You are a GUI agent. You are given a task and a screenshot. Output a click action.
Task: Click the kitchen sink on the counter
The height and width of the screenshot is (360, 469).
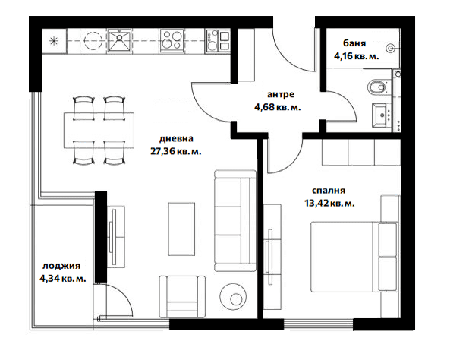coord(119,40)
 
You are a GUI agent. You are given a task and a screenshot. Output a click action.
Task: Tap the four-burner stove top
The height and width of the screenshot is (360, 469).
coord(172,40)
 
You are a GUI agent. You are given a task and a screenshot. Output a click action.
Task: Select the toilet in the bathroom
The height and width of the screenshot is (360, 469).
coord(376,87)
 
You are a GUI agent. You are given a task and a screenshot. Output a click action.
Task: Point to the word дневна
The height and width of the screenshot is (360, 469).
coord(176,139)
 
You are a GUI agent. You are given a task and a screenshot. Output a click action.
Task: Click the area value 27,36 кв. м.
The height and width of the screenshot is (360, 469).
coord(175,151)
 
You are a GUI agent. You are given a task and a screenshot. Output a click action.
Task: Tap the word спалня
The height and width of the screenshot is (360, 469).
coord(329,191)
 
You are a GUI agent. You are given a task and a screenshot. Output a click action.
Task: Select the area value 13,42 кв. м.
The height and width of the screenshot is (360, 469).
coord(329,204)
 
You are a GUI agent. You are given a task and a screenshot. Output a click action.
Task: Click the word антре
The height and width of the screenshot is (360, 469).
coord(281,95)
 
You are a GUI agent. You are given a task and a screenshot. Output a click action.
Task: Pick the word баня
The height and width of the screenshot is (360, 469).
coord(354,43)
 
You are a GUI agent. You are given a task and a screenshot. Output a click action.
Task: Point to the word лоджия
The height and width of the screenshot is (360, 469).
coord(61,266)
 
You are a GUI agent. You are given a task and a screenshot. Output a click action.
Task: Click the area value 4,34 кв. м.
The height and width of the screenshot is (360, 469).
coord(63,279)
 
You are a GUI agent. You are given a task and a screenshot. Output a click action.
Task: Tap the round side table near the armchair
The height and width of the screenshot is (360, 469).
coord(233,296)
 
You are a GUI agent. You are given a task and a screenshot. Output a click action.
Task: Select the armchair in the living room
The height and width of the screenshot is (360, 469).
coord(182,296)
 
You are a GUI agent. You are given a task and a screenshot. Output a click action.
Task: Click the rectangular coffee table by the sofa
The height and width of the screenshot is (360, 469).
coord(181,229)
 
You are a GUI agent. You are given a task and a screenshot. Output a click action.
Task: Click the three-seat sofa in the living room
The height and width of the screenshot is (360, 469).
coord(235,221)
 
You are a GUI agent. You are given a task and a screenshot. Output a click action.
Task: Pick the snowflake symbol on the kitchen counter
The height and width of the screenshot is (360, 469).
coord(54,41)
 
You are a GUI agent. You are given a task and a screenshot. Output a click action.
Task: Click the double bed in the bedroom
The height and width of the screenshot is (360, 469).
coord(355,257)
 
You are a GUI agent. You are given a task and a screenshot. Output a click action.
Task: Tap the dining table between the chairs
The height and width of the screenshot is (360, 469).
coord(99,131)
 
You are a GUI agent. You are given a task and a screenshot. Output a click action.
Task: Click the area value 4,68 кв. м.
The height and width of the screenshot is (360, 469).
coord(277,107)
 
